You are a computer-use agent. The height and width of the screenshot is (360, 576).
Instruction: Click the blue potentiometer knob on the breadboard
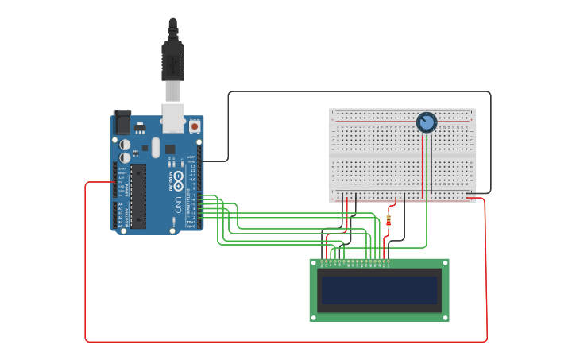pos(427,122)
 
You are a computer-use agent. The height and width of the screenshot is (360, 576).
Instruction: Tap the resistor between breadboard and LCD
pos(389,220)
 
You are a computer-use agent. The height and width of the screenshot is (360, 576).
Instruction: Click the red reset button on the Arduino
pos(194,126)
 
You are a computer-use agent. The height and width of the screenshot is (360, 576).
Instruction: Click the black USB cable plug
pos(172,60)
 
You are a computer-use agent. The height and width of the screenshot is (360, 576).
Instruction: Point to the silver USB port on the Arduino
pos(172,116)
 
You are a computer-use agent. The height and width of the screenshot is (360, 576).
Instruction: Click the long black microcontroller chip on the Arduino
pos(138,195)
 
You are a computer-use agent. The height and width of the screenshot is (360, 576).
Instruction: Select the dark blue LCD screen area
pos(379,290)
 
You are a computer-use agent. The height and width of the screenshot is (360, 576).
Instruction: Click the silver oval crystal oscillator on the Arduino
pos(156,148)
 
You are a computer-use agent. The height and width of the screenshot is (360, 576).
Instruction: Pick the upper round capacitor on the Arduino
pos(126,145)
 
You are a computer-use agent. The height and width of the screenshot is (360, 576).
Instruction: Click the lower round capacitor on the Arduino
pos(126,157)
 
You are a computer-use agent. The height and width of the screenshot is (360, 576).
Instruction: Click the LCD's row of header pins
pos(354,261)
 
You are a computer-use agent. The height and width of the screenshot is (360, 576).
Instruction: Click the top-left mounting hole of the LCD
pos(313,263)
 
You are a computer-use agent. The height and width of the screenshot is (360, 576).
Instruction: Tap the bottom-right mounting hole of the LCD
pos(445,317)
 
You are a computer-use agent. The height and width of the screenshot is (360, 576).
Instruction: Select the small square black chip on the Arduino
pos(170,149)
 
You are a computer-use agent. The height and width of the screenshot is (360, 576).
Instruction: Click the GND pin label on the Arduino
pos(191,161)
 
